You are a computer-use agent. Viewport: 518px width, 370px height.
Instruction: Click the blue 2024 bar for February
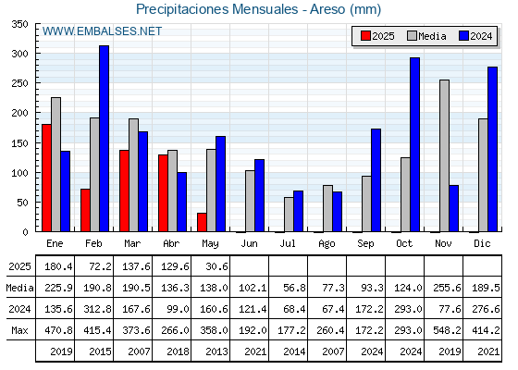[104, 139]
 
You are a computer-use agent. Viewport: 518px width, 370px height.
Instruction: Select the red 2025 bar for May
[202, 222]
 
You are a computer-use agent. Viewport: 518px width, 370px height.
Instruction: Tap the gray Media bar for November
[444, 155]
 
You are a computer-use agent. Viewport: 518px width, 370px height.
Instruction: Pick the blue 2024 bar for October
[415, 144]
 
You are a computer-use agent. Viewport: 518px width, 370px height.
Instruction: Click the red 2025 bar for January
[46, 178]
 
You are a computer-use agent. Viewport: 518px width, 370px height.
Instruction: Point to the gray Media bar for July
[289, 215]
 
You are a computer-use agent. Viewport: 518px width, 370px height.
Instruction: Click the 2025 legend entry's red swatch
[365, 36]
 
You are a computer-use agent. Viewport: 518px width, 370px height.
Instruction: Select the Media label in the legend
[432, 36]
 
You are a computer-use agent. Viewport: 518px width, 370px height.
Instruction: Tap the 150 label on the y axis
[20, 143]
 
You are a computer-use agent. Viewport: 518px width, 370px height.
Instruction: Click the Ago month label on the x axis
[327, 244]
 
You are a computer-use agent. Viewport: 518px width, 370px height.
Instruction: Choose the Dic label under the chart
[482, 243]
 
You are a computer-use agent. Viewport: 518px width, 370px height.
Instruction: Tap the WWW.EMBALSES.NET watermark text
[102, 31]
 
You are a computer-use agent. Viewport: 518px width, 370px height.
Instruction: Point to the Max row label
[19, 330]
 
